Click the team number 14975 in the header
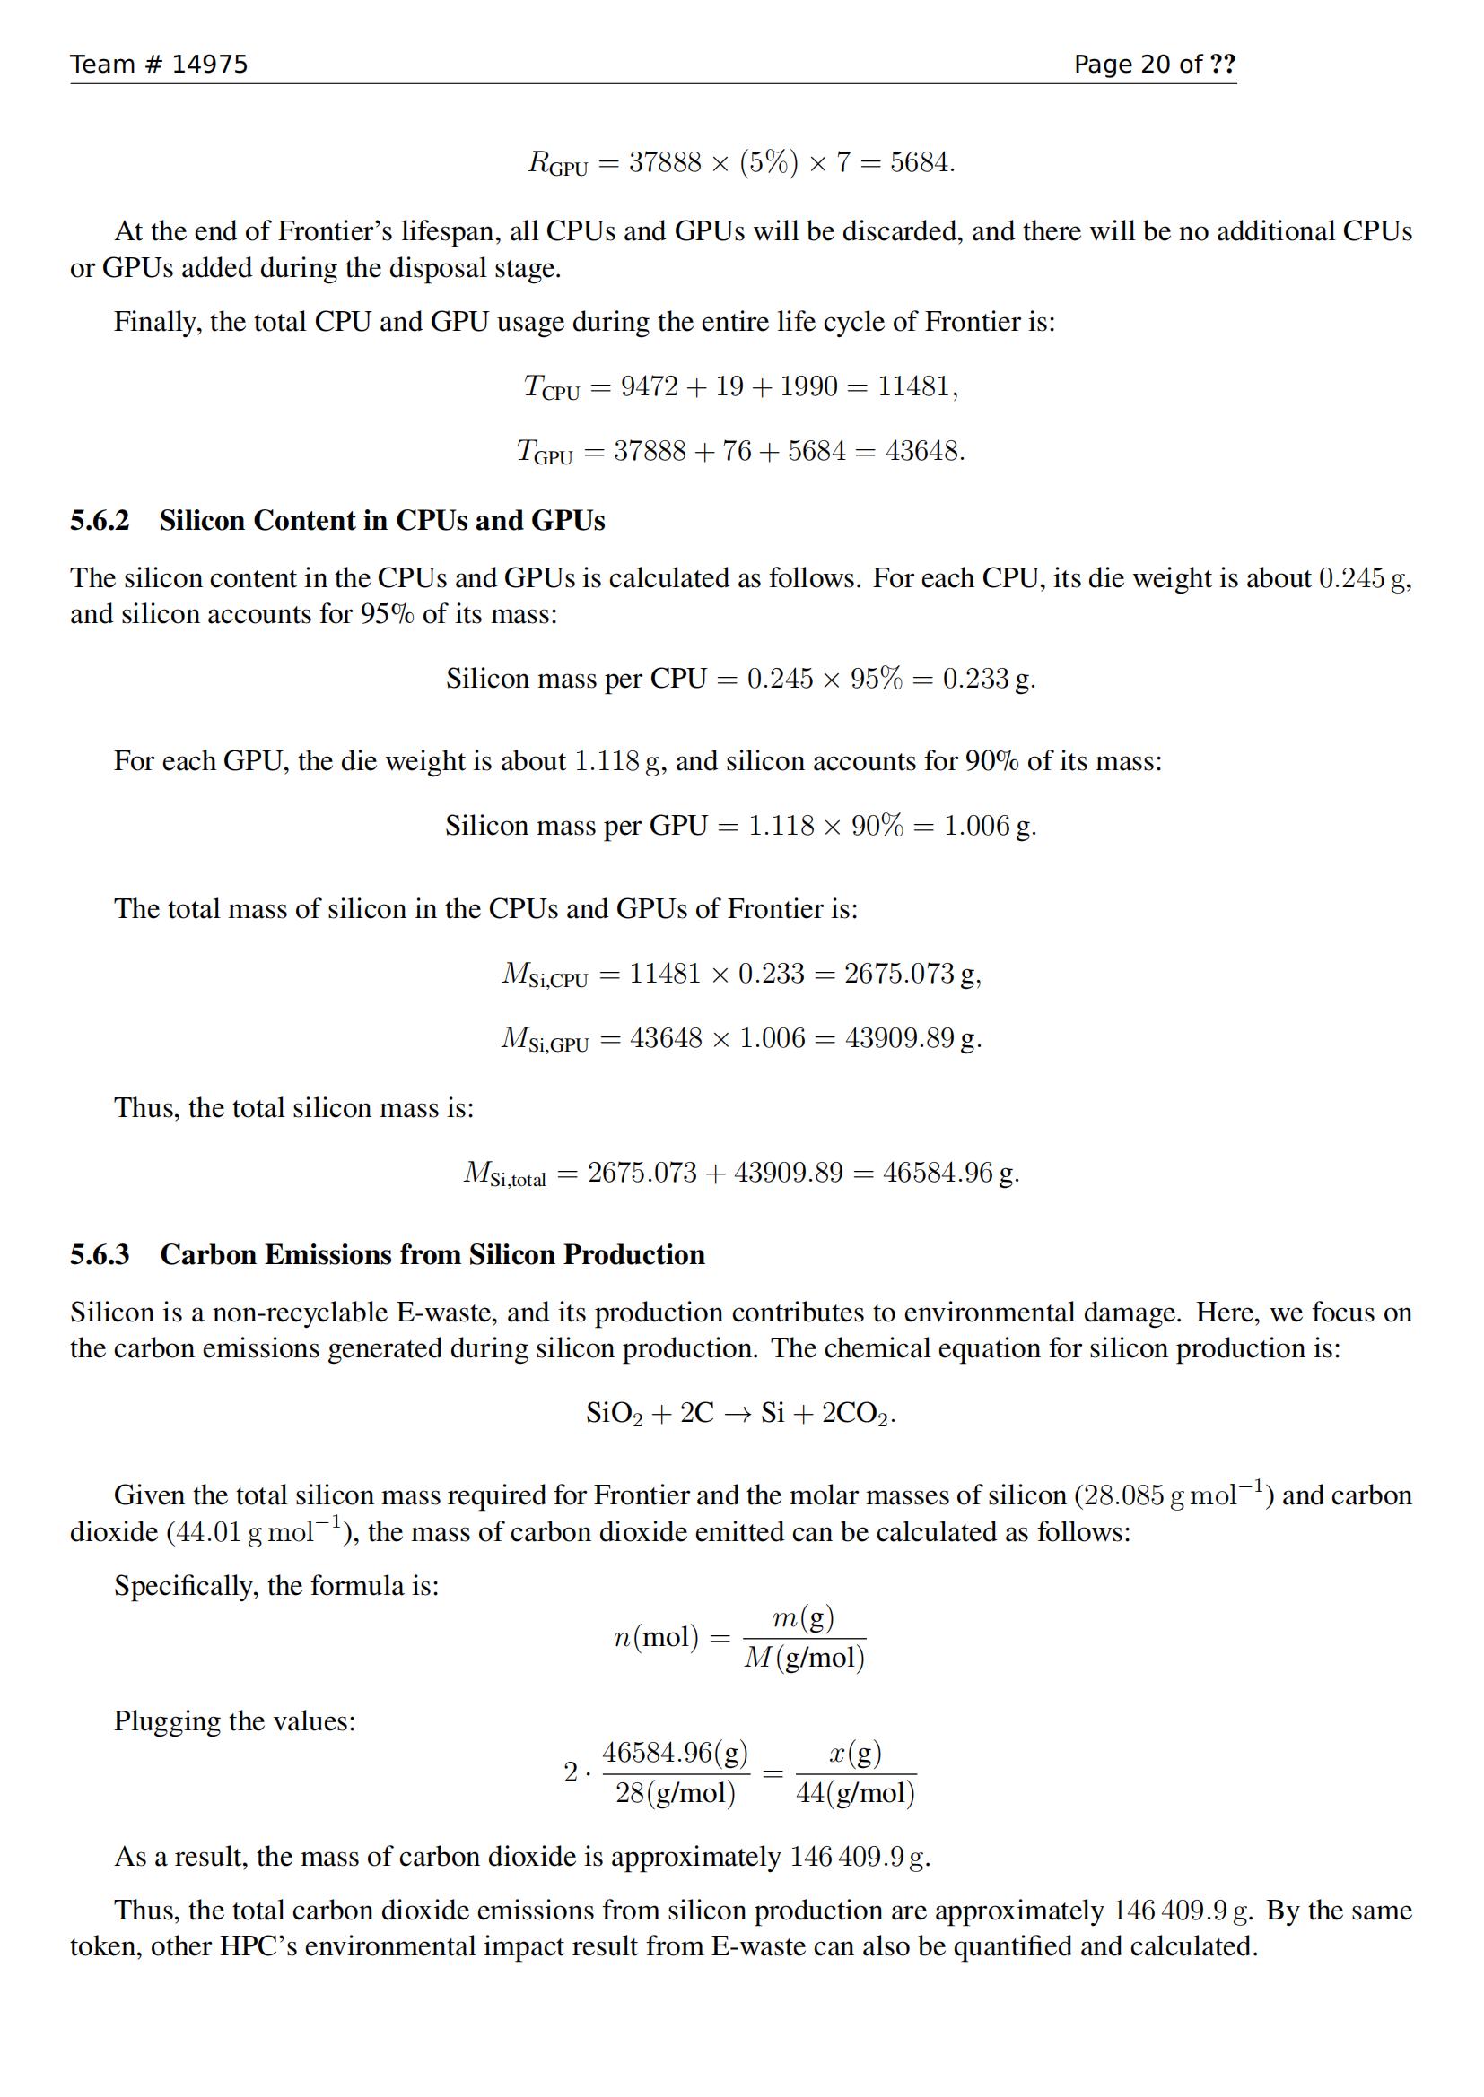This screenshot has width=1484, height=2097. [209, 64]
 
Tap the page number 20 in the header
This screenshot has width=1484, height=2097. [1155, 64]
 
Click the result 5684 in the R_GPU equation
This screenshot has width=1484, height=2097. [920, 163]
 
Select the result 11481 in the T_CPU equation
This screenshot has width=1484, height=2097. [914, 386]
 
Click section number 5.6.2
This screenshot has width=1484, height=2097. [100, 521]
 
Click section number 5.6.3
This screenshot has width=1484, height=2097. [100, 1255]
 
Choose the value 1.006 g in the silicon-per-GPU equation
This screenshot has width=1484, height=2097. [988, 826]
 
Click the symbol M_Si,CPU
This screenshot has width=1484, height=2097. [545, 975]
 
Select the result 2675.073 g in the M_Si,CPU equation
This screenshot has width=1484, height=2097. [910, 974]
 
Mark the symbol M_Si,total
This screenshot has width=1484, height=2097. [504, 1174]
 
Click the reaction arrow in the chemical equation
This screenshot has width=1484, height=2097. [737, 1414]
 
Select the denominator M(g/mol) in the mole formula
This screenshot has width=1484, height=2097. [804, 1658]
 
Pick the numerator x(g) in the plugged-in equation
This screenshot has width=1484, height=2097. [855, 1753]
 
